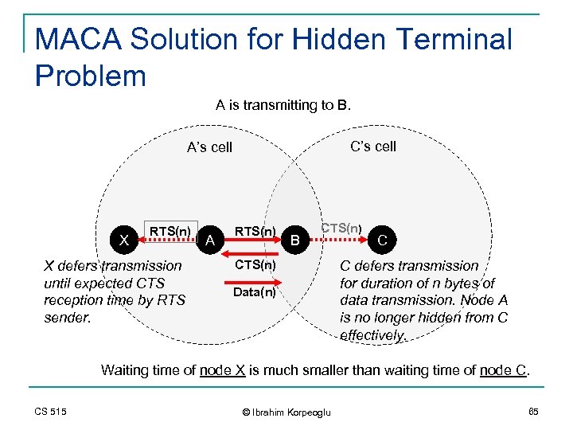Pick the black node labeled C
tap(383, 240)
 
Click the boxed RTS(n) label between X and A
tap(170, 232)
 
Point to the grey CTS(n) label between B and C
tap(341, 228)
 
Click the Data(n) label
tap(255, 292)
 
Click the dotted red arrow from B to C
tap(340, 236)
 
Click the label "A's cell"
tap(209, 147)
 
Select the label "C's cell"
tap(373, 147)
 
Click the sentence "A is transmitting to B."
tap(283, 105)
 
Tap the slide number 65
tap(533, 411)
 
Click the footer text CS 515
tap(50, 411)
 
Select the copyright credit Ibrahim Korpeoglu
tap(286, 412)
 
